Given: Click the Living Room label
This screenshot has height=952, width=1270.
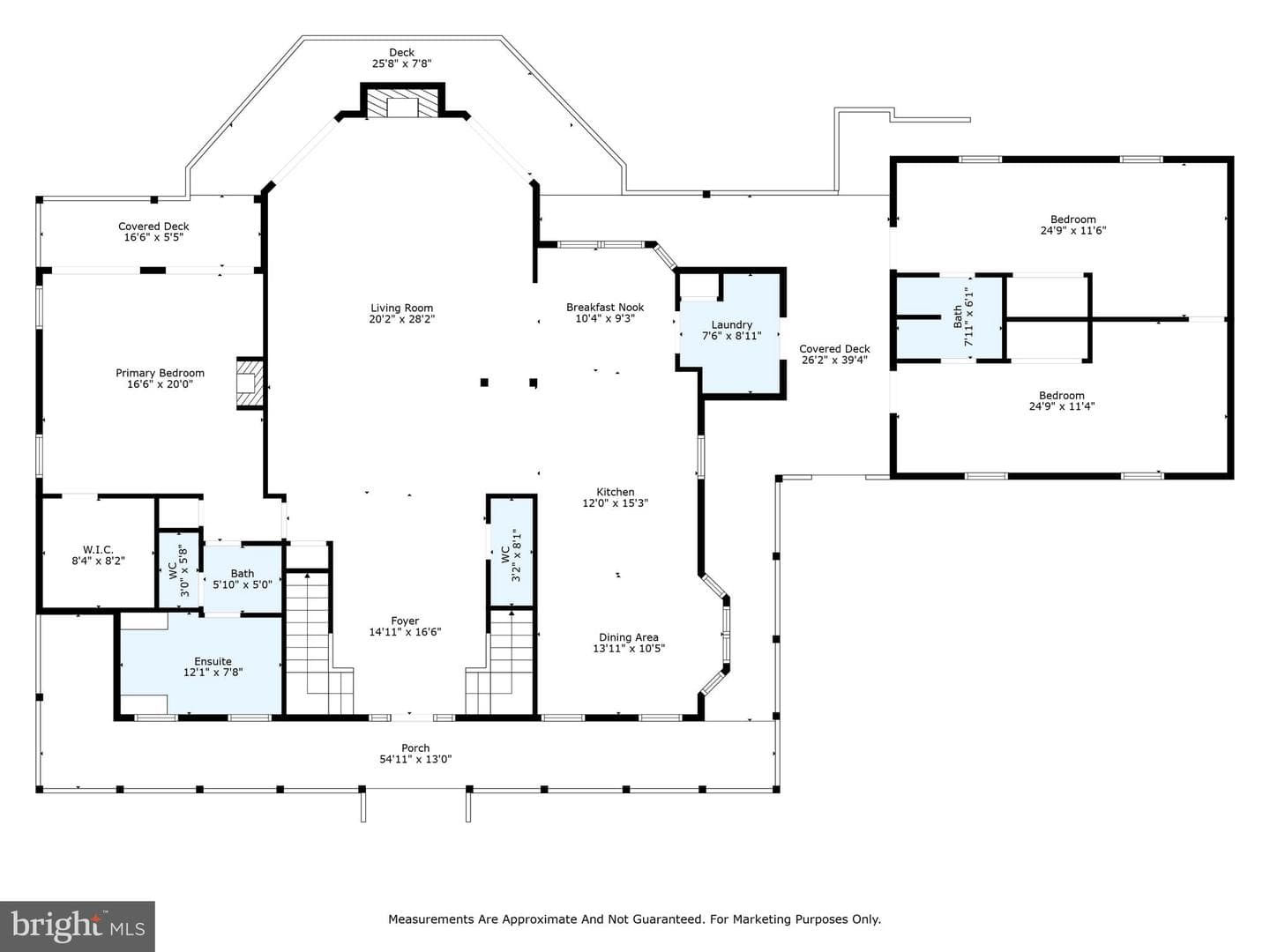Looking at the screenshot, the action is tap(401, 309).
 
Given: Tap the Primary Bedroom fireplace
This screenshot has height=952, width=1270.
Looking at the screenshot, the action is tap(250, 383).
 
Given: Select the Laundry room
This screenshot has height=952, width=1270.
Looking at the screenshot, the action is tap(731, 334).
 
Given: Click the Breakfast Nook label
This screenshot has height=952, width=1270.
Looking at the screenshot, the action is tap(605, 308).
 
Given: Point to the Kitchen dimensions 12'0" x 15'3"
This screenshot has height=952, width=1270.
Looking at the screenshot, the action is tap(615, 502).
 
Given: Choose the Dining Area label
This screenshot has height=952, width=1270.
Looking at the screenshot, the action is tap(628, 637).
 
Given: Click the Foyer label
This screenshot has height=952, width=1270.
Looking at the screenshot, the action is tap(405, 621).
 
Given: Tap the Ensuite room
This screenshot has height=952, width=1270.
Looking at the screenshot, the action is tap(201, 666).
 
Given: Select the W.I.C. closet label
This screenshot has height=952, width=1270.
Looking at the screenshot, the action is tap(98, 550).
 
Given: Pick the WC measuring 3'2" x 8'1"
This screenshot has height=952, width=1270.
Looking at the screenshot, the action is tap(511, 552).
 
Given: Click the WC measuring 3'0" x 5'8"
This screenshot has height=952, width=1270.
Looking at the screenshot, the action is tap(179, 570).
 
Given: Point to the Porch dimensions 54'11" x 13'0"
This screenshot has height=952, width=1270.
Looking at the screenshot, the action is tap(415, 759).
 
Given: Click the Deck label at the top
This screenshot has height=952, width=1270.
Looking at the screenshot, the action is tap(401, 53).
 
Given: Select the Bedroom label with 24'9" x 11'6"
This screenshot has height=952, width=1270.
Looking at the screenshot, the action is tap(1072, 219).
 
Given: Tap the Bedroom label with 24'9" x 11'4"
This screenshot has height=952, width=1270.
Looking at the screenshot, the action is tap(1061, 396).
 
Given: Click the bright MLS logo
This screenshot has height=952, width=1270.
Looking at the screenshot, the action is tap(78, 926).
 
